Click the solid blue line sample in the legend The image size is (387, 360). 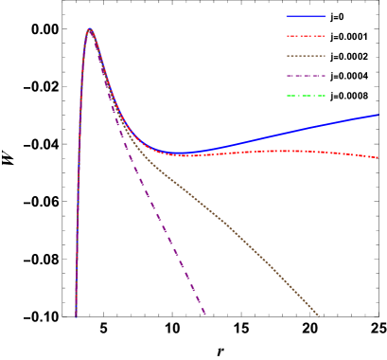coord(306,16)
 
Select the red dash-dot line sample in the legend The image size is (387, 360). coord(306,36)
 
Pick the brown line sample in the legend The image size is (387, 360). coord(306,56)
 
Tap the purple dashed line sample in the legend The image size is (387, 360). coord(306,76)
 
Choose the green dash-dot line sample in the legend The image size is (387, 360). coord(306,96)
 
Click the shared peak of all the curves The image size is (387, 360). coord(90,29)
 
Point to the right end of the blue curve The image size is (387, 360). coord(378,115)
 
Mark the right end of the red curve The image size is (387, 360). coord(378,157)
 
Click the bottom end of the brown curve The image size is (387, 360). coord(319,315)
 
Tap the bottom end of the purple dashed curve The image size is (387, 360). coord(204,315)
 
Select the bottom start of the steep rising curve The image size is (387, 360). coord(76,315)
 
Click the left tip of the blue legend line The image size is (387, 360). coord(287,16)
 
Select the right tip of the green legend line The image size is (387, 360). coord(325,96)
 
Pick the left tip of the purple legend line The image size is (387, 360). coord(287,76)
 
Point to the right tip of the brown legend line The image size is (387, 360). coord(325,56)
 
